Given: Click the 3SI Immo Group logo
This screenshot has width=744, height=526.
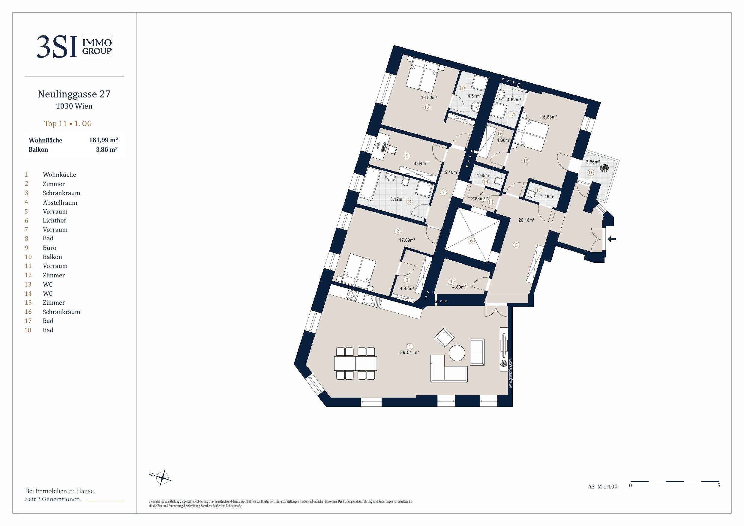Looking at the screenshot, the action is [x=74, y=47].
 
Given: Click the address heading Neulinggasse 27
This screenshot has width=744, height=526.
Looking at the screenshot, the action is [x=74, y=94].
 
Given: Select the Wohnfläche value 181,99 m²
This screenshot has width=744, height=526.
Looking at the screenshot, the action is [x=103, y=140].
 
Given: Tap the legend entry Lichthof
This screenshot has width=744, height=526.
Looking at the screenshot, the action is [x=54, y=220].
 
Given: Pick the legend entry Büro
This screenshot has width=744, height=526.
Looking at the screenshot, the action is [x=49, y=248].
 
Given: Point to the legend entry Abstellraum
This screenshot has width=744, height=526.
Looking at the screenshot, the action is [x=60, y=203].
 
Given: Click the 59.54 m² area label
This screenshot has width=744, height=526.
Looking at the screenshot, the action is [x=409, y=352].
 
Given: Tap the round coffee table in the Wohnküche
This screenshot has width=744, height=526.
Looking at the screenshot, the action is [x=457, y=353].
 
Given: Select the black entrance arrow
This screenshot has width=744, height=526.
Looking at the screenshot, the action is [x=612, y=239].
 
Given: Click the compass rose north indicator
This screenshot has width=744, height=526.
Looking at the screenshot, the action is [x=161, y=478].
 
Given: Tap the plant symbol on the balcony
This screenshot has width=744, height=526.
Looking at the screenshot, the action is [x=604, y=168].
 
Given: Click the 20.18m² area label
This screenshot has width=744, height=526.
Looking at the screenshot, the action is [x=526, y=220].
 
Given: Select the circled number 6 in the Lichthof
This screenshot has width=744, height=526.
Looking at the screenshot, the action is [x=471, y=241].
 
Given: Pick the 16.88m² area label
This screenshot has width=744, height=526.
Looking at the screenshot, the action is [x=549, y=117].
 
